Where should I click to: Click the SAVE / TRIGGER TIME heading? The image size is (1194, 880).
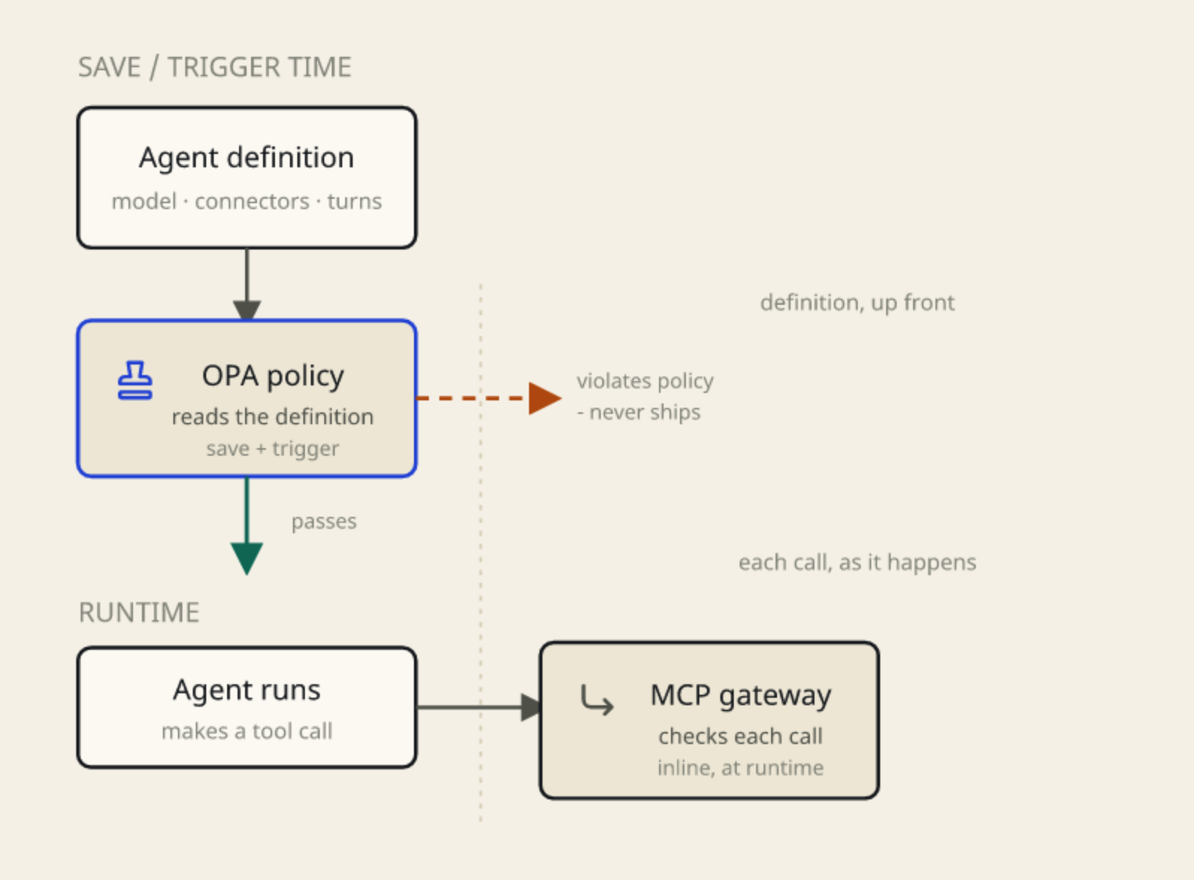pyautogui.click(x=214, y=68)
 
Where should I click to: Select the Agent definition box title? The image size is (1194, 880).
pyautogui.click(x=247, y=158)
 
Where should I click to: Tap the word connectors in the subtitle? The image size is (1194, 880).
pyautogui.click(x=252, y=202)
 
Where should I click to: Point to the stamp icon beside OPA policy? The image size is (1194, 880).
pyautogui.click(x=134, y=380)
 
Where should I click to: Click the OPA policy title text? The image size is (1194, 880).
pyautogui.click(x=273, y=377)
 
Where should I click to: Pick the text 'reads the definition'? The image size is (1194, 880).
pyautogui.click(x=273, y=417)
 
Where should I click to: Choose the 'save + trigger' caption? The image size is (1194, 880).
pyautogui.click(x=273, y=449)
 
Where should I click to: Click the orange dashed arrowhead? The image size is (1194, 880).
pyautogui.click(x=545, y=398)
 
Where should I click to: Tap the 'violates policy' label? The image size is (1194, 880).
pyautogui.click(x=645, y=382)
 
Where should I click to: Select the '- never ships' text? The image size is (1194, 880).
pyautogui.click(x=639, y=412)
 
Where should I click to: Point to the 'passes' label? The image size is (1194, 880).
pyautogui.click(x=324, y=522)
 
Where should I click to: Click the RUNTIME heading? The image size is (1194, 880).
pyautogui.click(x=139, y=613)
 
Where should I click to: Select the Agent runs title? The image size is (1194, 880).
pyautogui.click(x=247, y=690)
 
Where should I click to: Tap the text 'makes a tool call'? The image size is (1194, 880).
pyautogui.click(x=247, y=731)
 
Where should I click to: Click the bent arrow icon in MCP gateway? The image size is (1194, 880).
pyautogui.click(x=597, y=700)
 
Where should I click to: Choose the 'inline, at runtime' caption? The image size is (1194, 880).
pyautogui.click(x=741, y=768)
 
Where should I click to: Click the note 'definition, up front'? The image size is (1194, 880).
pyautogui.click(x=857, y=303)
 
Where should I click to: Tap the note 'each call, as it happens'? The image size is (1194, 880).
pyautogui.click(x=857, y=563)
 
